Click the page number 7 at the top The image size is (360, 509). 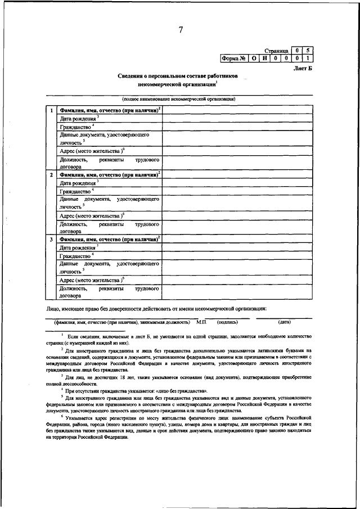181,30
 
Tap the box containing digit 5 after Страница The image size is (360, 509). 307,50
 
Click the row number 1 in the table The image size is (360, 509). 52,110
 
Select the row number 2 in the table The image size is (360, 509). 52,175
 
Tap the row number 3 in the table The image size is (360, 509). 52,240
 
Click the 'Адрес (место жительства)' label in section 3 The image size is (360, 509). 91,280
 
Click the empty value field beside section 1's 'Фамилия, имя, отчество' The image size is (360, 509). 237,110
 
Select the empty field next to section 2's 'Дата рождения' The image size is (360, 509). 237,183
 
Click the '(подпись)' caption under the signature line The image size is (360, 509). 227,322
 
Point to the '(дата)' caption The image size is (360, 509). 284,322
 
